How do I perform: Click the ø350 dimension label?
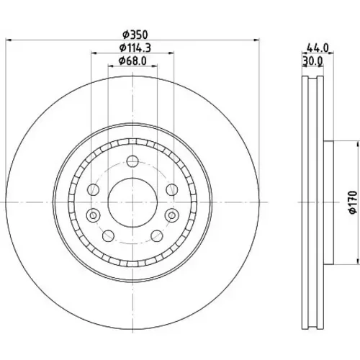point(135,35)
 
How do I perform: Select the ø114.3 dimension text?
point(135,48)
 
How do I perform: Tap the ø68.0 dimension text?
point(132,60)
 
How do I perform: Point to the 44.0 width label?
point(318,48)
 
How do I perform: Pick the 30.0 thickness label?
point(312,60)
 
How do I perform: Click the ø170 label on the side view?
point(353,202)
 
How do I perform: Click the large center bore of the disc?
point(132,202)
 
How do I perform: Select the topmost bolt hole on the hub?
point(132,161)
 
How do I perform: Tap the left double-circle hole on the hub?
point(93,215)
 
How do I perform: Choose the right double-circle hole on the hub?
point(172,215)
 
